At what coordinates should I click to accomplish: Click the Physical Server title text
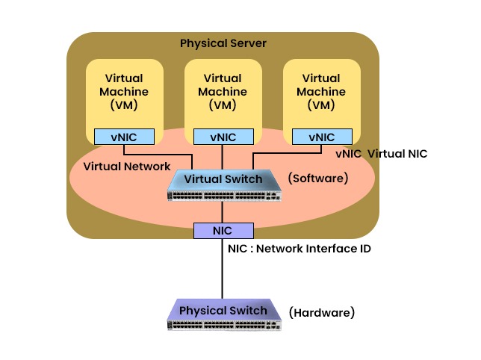(223, 43)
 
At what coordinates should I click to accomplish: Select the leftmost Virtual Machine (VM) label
(123, 91)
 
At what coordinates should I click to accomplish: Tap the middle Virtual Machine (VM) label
(223, 91)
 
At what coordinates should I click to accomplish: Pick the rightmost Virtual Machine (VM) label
(321, 91)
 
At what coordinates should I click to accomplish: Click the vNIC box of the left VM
(124, 137)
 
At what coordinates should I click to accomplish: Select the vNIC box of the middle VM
(223, 137)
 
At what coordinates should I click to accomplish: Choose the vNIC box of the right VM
(321, 137)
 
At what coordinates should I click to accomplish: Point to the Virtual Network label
(126, 166)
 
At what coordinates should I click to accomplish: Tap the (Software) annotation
(319, 179)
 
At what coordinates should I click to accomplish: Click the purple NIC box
(223, 231)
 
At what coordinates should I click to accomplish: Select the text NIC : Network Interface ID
(299, 249)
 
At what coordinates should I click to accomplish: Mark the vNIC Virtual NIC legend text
(381, 153)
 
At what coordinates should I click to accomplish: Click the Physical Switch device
(223, 314)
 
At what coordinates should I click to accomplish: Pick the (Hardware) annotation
(321, 311)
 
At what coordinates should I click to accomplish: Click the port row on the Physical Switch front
(223, 325)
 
